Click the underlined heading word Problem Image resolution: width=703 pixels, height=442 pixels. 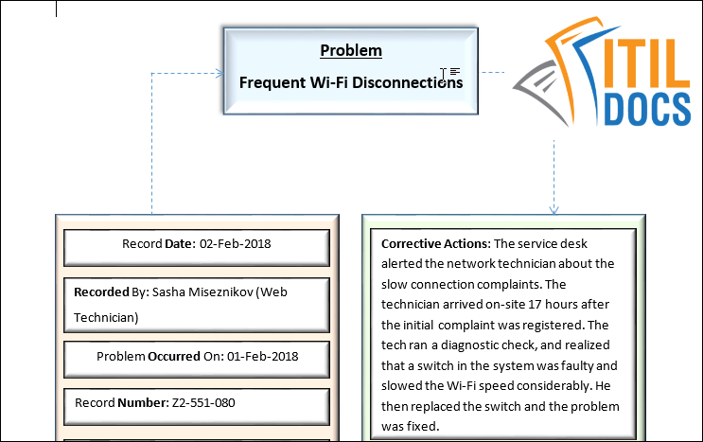(x=350, y=50)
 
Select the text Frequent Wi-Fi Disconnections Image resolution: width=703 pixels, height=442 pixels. (x=350, y=82)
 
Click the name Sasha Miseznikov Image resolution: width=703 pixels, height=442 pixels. (x=191, y=292)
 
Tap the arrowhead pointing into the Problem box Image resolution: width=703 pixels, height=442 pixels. (x=219, y=72)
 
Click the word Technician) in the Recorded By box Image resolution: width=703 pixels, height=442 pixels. (x=106, y=317)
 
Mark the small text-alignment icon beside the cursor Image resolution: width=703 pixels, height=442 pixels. (x=455, y=71)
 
